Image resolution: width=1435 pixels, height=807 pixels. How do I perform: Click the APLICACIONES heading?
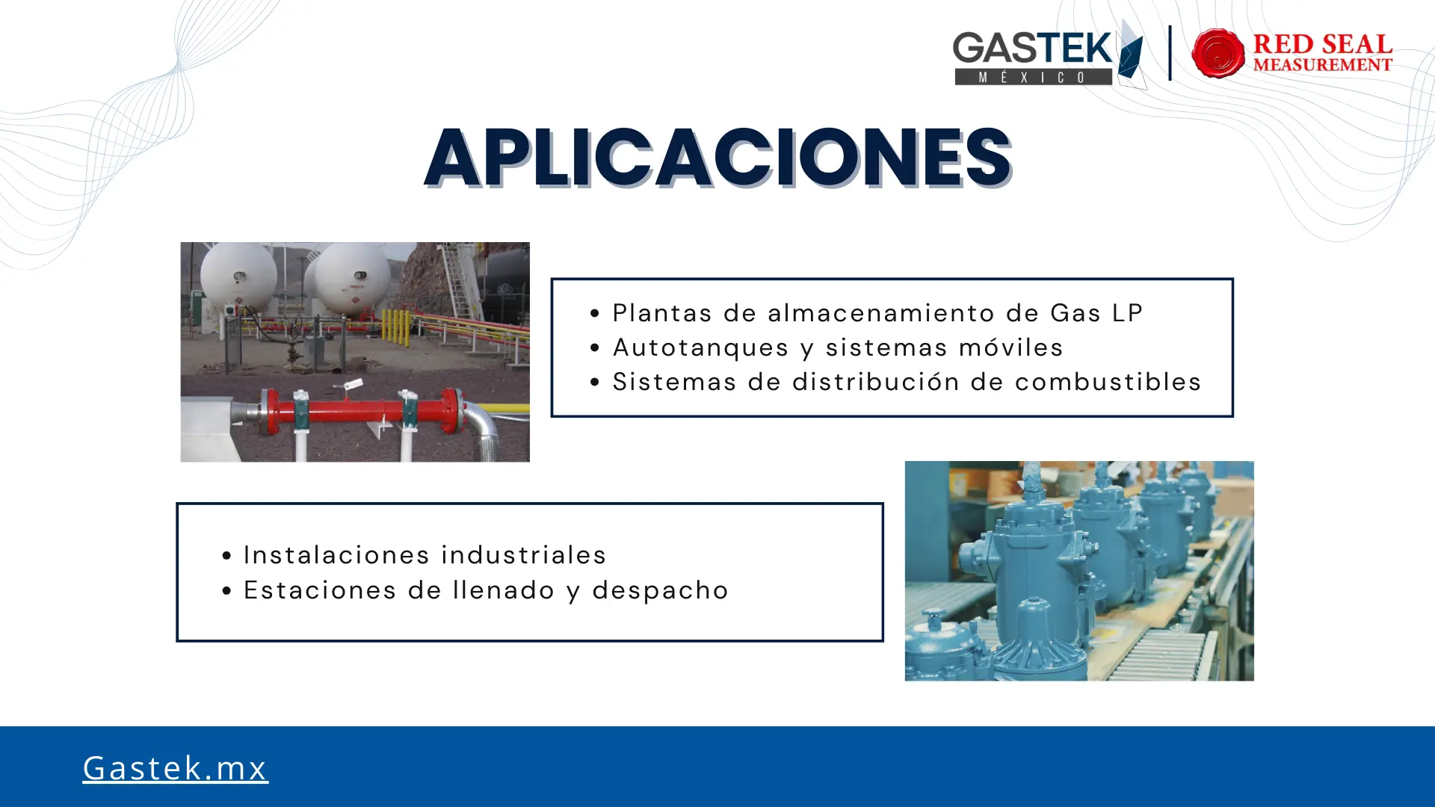[717, 157]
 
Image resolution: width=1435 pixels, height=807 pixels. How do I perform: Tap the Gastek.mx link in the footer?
[175, 768]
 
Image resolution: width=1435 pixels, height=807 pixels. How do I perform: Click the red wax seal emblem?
[1218, 53]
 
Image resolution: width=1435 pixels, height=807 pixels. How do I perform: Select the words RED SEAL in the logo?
[1322, 44]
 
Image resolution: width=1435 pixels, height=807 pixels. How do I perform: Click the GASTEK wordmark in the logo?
[1032, 49]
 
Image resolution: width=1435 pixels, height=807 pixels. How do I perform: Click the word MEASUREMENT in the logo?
[1322, 65]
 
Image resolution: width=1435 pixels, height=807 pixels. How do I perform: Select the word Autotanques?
[700, 347]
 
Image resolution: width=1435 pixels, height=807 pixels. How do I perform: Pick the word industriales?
[524, 554]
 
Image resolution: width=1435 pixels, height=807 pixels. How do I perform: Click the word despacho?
[660, 590]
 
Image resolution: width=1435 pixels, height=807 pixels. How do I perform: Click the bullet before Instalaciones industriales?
[226, 555]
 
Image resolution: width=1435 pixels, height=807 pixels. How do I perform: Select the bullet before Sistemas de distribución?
[595, 383]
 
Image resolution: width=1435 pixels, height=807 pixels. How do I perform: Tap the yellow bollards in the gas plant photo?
[395, 328]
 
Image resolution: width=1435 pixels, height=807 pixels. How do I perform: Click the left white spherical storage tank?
[238, 278]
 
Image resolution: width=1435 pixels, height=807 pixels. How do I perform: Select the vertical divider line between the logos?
[1170, 53]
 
